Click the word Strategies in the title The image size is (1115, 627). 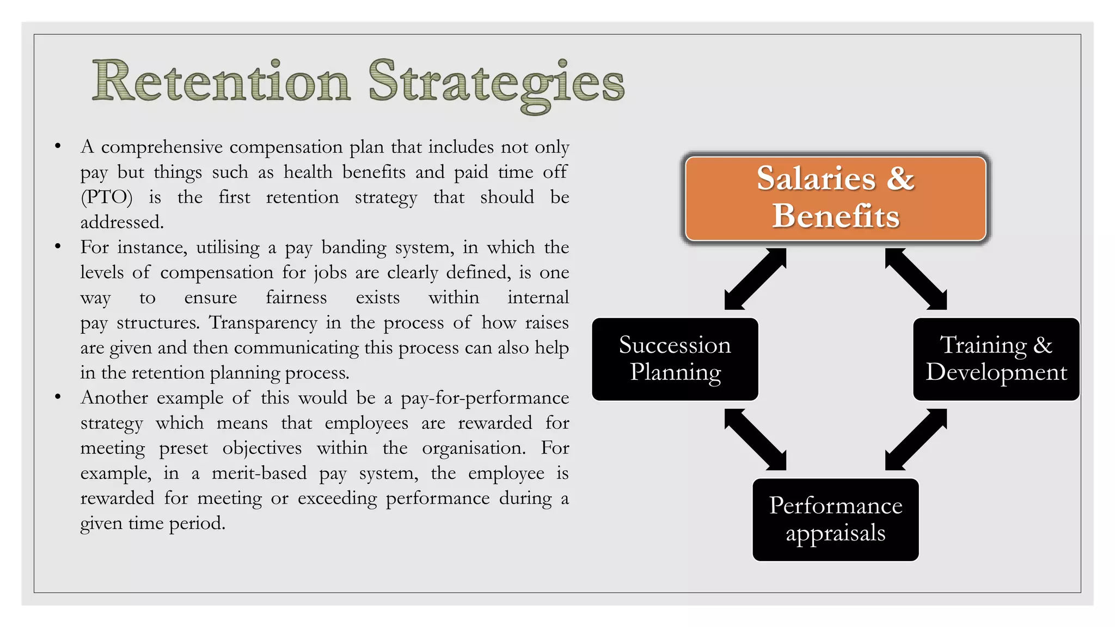coord(496,83)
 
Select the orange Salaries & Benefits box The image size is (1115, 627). coord(835,198)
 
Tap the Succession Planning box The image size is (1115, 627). coord(675,359)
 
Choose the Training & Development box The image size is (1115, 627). coord(996,359)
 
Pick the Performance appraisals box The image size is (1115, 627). coord(835,519)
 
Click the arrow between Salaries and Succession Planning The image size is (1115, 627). coord(755,279)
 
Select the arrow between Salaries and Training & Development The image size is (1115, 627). coord(916,279)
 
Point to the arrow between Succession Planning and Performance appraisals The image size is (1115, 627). coord(755,439)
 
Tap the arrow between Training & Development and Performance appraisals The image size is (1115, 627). coord(916,439)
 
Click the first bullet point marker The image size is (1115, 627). coord(58,146)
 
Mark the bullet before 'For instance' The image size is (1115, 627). coord(58,247)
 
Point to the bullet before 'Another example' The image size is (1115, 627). coord(58,397)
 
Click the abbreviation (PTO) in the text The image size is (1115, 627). coord(107,197)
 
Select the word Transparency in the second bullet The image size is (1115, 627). coord(263,322)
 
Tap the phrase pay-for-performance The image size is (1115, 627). coord(485,398)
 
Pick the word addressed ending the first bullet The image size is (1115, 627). coord(122,222)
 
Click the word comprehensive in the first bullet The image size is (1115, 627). coord(162,147)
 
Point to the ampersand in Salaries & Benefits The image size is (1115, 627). coord(900,179)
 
